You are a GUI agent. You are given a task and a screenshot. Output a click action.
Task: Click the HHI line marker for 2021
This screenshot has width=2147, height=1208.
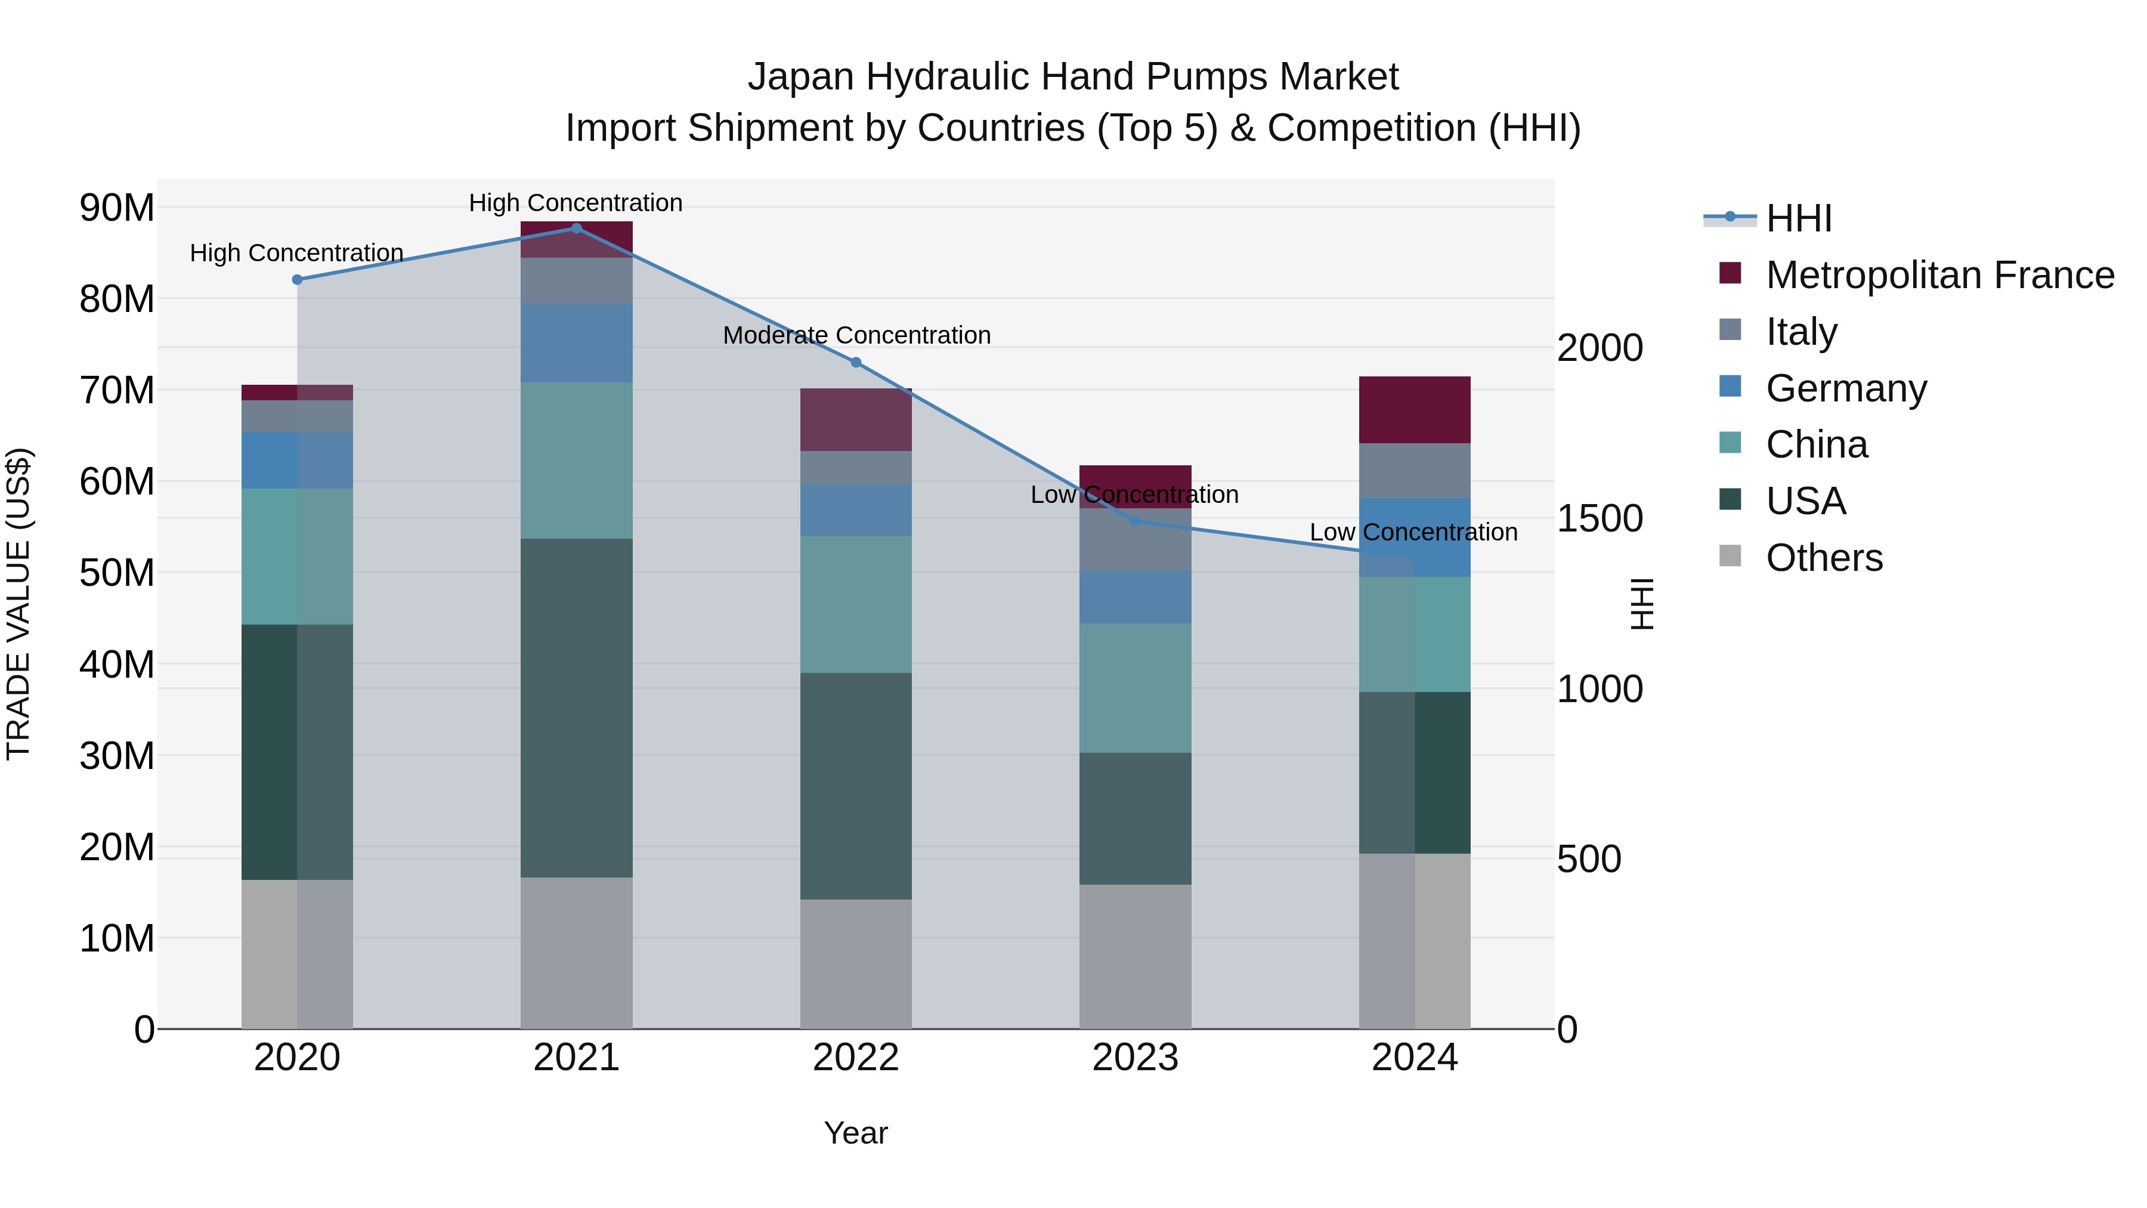[576, 228]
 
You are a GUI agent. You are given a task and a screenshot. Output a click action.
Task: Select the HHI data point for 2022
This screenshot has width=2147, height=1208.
[855, 363]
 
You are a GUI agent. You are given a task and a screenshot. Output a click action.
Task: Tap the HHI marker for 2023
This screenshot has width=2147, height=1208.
[1135, 521]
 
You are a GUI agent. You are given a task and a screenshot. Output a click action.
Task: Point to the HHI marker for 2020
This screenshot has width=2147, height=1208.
[297, 280]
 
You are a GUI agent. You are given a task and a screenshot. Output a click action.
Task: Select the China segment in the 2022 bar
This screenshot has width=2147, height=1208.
[855, 604]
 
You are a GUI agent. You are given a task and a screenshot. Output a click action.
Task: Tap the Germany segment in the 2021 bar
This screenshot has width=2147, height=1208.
[576, 342]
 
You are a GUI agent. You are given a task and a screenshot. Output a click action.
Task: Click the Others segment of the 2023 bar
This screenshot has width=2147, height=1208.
[1135, 956]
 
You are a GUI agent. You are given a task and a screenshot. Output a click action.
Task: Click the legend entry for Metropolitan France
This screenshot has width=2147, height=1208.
[1939, 275]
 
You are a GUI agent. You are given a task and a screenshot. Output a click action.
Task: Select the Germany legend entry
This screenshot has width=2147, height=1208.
[1846, 388]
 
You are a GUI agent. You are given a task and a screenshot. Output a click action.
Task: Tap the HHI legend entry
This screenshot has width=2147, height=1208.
[1799, 218]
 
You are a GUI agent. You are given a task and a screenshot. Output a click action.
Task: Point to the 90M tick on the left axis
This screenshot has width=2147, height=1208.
[117, 208]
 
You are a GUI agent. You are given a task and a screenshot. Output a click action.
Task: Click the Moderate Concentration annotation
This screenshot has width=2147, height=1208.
[856, 335]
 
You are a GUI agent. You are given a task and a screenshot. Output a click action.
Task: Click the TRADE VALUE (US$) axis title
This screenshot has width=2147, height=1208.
[18, 604]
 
